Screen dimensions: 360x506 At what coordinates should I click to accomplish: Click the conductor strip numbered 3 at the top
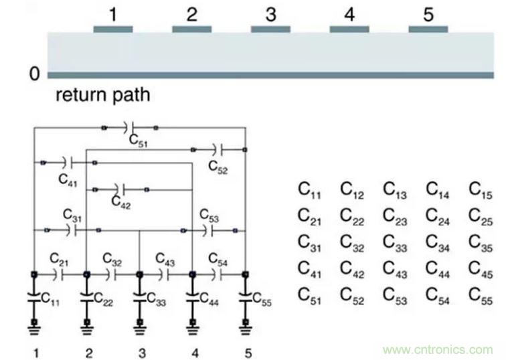point(270,29)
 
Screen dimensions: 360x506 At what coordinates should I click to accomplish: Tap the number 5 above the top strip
point(428,13)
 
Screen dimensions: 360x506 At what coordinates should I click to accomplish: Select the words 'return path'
point(102,94)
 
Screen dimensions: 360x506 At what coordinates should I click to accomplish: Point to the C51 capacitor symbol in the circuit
point(131,126)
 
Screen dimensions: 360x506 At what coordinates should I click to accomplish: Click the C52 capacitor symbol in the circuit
point(219,149)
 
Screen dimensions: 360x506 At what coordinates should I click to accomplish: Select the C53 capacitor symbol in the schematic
point(208,231)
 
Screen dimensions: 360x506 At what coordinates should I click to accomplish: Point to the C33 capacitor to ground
point(139,300)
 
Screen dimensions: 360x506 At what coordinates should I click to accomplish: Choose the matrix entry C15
point(481,190)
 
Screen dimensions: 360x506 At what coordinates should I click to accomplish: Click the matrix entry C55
point(481,295)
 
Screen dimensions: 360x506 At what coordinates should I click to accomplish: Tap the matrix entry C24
point(438,217)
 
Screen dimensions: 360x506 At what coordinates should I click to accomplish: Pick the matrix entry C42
point(353,269)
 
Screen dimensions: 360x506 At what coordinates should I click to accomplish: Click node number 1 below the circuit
point(34,352)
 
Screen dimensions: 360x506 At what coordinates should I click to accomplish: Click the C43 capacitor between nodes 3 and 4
point(165,274)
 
